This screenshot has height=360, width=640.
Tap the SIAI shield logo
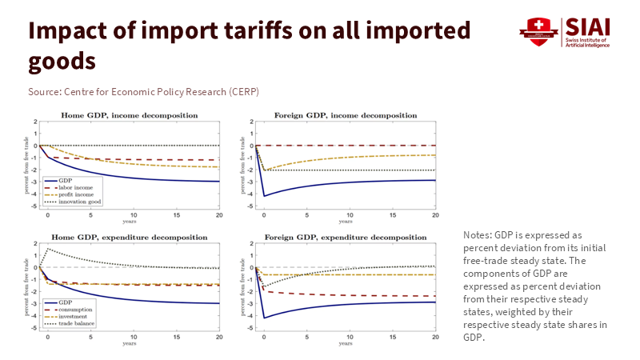[x=538, y=32]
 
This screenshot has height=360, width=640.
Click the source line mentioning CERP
[x=143, y=92]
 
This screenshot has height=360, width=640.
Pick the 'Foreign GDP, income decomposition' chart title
[x=345, y=115]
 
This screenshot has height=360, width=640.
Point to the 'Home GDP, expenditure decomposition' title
[x=129, y=238]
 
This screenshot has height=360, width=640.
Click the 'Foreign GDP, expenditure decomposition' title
[x=345, y=238]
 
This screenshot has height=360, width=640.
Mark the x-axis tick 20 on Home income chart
[x=219, y=216]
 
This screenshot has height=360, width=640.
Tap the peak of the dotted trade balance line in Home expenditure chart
[x=47, y=249]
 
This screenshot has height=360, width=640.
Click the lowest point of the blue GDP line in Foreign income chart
[x=263, y=196]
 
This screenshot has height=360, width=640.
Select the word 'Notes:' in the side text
[x=477, y=234]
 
